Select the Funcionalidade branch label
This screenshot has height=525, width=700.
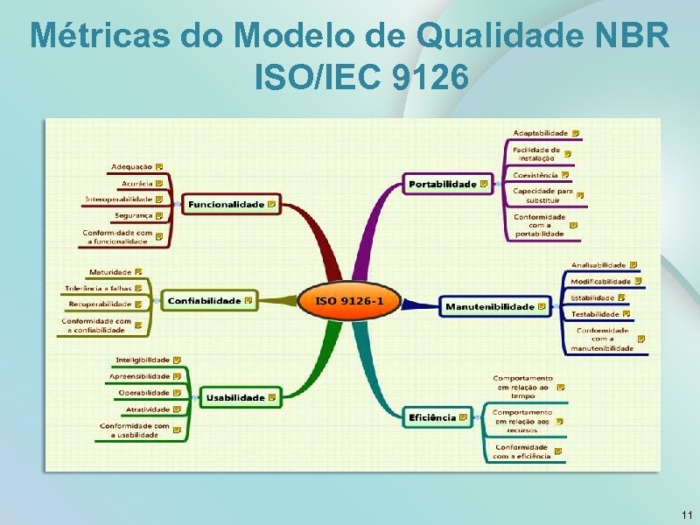(226, 204)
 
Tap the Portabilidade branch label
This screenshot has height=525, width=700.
(443, 184)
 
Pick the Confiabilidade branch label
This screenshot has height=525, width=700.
(204, 300)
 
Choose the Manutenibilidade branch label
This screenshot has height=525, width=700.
(489, 306)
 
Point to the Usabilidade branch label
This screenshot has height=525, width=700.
(234, 397)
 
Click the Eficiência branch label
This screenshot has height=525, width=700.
(432, 417)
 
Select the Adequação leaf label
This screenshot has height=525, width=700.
(131, 166)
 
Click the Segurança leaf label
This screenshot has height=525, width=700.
(133, 214)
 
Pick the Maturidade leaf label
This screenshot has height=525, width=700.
(110, 272)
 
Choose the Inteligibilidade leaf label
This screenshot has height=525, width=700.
(143, 360)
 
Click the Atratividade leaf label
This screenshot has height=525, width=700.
(147, 409)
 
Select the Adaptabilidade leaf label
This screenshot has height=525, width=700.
(540, 133)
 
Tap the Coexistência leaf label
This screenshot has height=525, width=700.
(535, 175)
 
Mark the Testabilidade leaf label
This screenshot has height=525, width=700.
(595, 313)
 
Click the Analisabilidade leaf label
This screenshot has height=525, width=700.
(598, 264)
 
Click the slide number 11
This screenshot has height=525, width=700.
(686, 514)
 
